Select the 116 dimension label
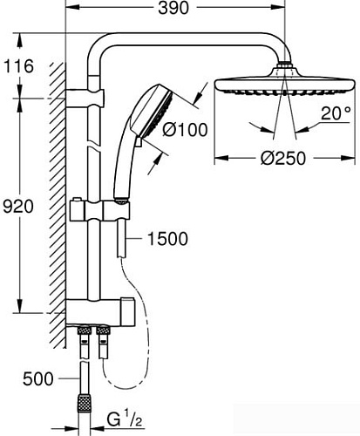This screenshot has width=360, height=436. [x=18, y=65]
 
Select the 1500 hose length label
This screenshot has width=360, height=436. [x=167, y=238]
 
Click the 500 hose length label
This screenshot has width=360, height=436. [x=31, y=378]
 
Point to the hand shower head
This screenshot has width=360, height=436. [x=142, y=122]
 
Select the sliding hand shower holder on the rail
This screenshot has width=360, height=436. [x=116, y=211]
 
